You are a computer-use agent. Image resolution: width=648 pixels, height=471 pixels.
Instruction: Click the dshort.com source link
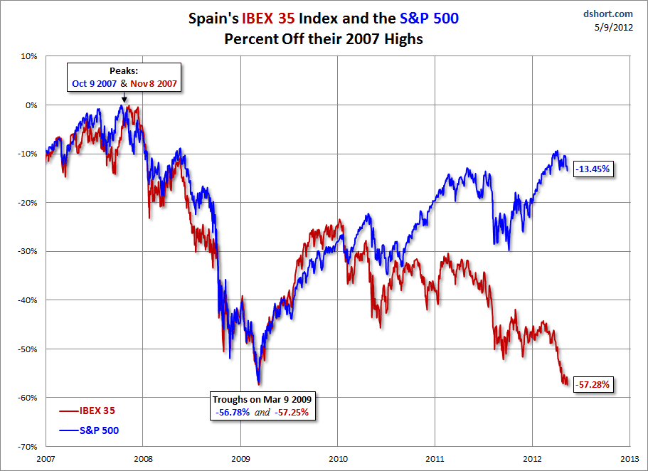click(x=608, y=14)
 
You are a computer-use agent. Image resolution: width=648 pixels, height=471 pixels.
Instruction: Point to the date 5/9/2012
click(x=614, y=27)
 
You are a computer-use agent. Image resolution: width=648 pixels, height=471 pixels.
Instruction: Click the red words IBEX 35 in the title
click(x=268, y=18)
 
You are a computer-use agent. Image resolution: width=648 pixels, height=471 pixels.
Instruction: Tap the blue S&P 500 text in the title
click(x=429, y=18)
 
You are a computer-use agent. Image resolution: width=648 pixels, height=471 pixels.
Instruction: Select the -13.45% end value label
click(x=593, y=169)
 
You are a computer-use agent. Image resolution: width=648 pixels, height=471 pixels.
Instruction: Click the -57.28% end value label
click(x=593, y=385)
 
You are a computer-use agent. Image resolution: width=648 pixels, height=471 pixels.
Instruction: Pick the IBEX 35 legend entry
click(x=87, y=411)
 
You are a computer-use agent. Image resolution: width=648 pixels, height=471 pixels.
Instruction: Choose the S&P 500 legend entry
click(x=89, y=430)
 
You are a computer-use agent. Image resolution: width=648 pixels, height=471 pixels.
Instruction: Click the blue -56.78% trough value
click(x=233, y=412)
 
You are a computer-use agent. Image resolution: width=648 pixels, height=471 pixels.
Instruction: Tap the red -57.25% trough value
click(x=292, y=412)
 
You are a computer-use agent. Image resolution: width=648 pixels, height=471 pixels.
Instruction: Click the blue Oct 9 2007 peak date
click(x=94, y=83)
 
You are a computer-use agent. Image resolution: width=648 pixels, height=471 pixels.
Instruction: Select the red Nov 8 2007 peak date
click(x=154, y=83)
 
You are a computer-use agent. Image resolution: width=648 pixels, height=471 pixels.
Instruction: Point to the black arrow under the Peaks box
click(x=124, y=97)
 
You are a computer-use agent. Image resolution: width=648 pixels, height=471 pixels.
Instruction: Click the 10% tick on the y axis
click(x=29, y=56)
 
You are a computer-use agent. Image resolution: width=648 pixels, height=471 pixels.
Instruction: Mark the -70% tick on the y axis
click(x=27, y=447)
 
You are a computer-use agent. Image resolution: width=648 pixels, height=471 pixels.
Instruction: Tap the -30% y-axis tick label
click(x=27, y=251)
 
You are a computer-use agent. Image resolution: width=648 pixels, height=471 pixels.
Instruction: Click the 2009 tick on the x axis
click(x=240, y=459)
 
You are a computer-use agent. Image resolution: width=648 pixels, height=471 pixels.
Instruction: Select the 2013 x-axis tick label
click(x=630, y=459)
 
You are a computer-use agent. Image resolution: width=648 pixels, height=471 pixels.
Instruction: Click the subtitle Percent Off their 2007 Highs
click(x=324, y=39)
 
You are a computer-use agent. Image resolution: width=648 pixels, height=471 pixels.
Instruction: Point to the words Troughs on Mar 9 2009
click(x=262, y=399)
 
